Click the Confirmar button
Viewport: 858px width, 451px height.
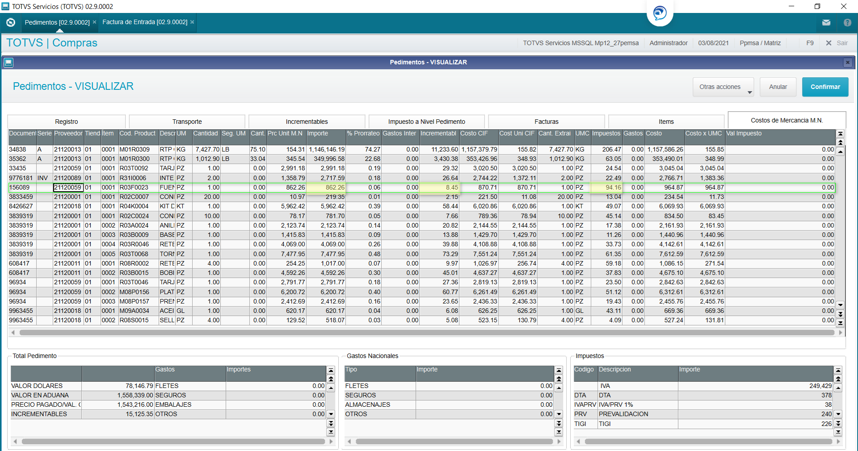(825, 87)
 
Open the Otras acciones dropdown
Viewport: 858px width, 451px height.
(723, 87)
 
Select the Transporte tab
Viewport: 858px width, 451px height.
(187, 122)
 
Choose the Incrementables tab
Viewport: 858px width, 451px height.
(307, 122)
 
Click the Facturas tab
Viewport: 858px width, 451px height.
(546, 122)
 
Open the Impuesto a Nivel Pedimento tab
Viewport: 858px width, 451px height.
(426, 122)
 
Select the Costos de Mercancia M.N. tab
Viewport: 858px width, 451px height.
(786, 120)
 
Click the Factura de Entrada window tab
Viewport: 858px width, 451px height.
(145, 22)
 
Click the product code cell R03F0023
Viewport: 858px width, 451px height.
(134, 188)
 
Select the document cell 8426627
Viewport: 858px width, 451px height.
(21, 207)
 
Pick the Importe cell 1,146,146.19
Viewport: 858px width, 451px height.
(326, 150)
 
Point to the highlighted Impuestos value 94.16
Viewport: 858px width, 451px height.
(613, 188)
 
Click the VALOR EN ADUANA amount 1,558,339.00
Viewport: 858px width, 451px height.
(135, 395)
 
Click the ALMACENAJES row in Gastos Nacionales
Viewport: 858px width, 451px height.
(367, 405)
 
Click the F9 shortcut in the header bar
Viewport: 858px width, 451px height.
(810, 43)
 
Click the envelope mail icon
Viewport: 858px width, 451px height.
(826, 22)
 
